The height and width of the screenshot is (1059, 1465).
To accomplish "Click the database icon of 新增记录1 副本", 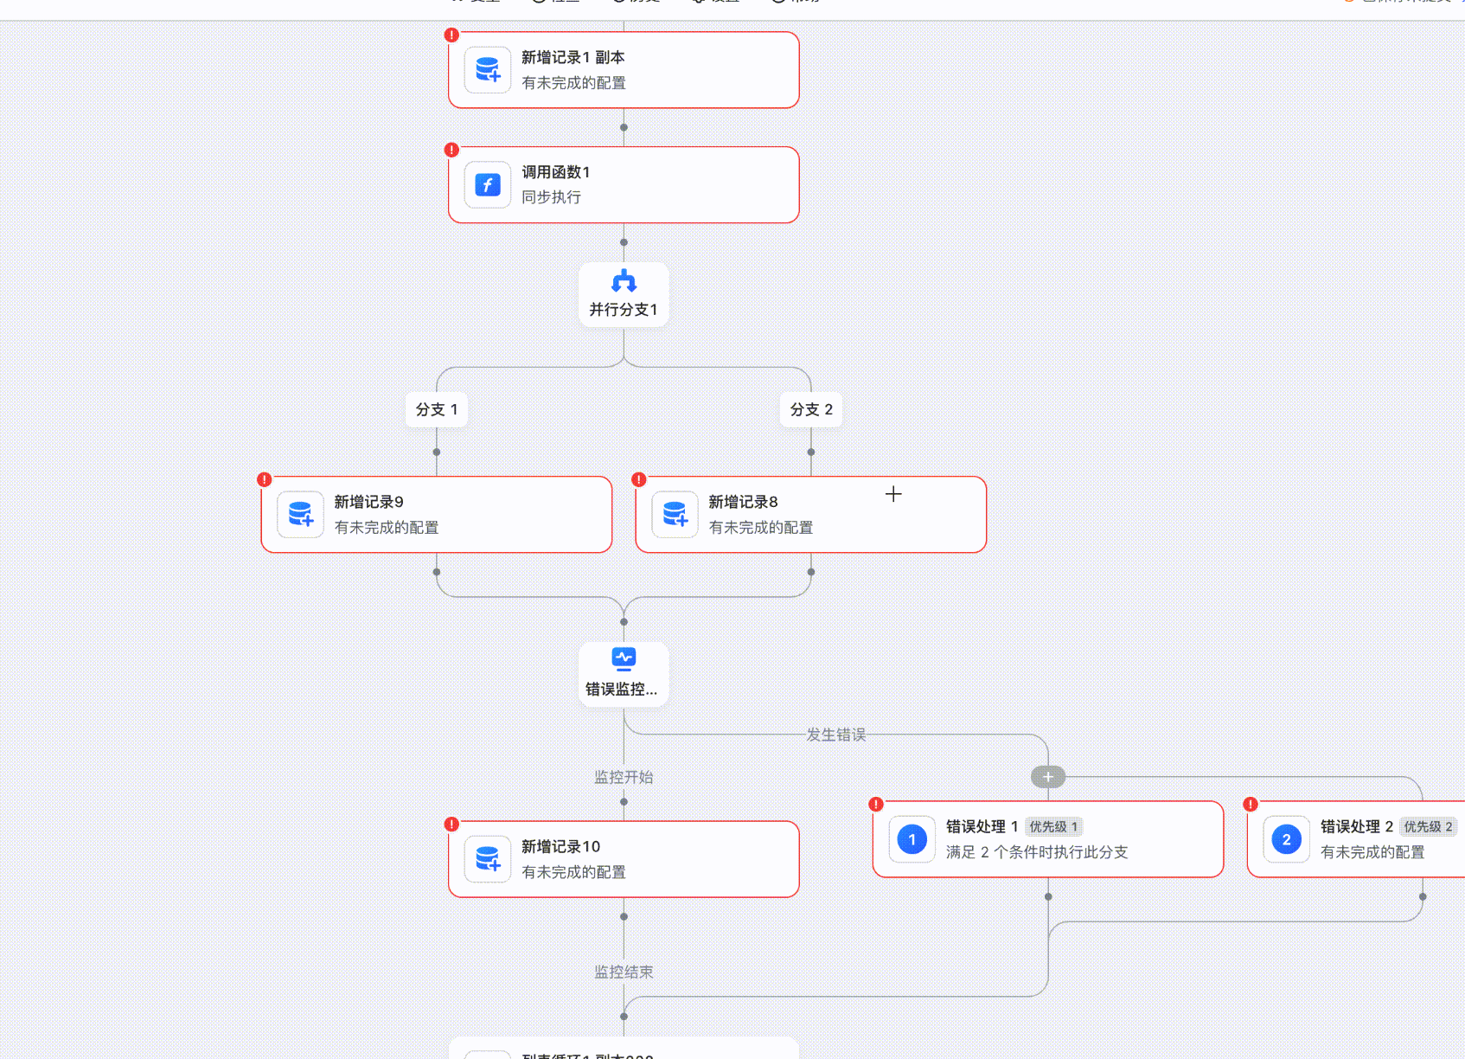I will [488, 70].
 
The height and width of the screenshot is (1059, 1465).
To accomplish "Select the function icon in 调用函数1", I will [488, 185].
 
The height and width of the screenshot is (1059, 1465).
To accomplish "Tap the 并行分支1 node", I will [624, 294].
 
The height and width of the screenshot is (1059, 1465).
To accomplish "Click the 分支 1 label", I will [437, 409].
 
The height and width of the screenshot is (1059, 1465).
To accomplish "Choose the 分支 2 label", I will [811, 409].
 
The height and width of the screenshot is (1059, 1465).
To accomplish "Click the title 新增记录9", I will [368, 502].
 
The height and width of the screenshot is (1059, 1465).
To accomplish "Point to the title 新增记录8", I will [743, 502].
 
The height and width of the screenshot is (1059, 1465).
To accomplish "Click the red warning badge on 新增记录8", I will [639, 479].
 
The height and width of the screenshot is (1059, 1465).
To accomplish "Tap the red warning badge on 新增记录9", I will [265, 479].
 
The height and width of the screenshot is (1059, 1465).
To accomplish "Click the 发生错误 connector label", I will [835, 735].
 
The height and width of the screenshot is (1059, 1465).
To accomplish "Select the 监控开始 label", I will [624, 777].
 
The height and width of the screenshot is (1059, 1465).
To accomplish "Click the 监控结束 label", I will [624, 972].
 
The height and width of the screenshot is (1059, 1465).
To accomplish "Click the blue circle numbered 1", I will [912, 839].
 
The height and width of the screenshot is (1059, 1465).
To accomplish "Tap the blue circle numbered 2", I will [1287, 839].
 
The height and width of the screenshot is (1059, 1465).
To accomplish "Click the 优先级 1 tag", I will [1053, 827].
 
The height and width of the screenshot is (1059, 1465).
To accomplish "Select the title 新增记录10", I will [560, 846].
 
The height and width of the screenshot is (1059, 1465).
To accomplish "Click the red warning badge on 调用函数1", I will [451, 150].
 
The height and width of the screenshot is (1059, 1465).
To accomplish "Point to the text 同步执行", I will [551, 197].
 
